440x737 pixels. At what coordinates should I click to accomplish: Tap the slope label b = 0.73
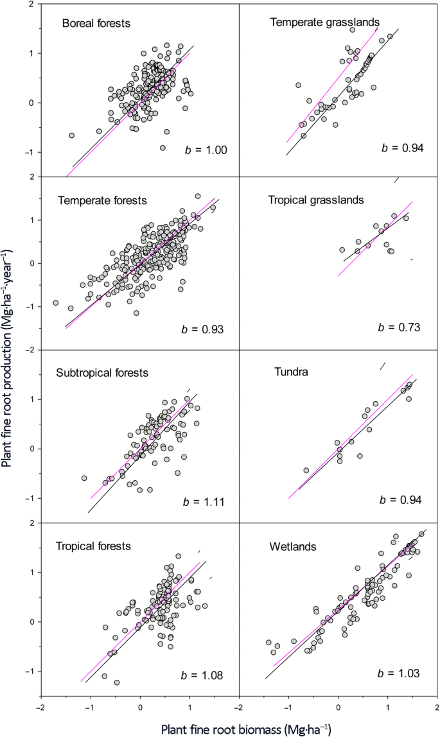(399, 327)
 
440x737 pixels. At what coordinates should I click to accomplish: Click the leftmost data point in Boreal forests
(72, 135)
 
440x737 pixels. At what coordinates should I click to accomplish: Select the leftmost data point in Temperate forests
(56, 303)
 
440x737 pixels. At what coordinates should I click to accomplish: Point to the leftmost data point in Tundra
(306, 470)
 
